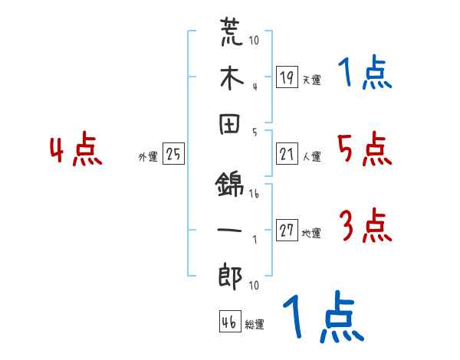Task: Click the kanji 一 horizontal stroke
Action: pyautogui.click(x=231, y=231)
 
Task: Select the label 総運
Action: pyautogui.click(x=255, y=325)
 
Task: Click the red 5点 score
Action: pyautogui.click(x=365, y=149)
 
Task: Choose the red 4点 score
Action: pyautogui.click(x=76, y=151)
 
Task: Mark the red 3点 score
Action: pyautogui.click(x=365, y=227)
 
